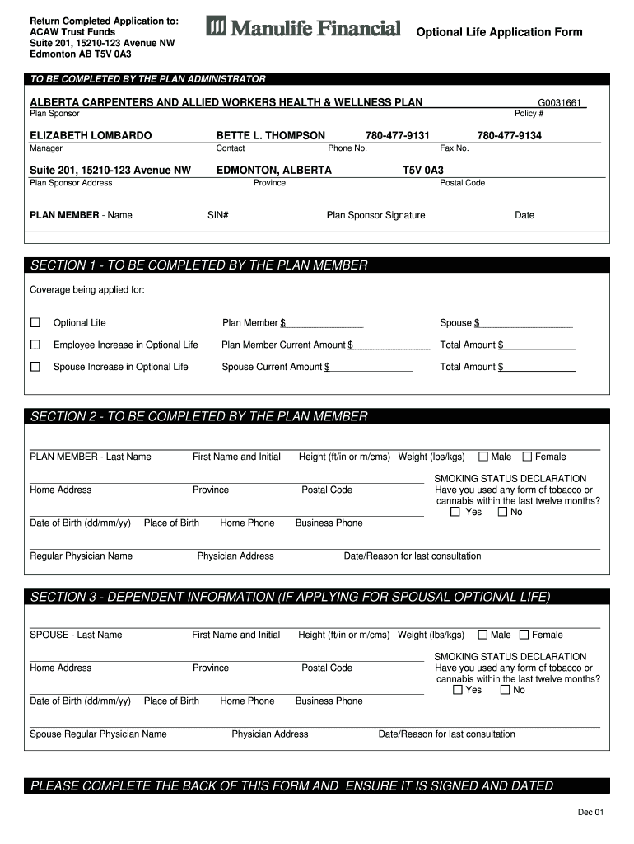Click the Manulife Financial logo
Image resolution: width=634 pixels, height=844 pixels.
pos(303,28)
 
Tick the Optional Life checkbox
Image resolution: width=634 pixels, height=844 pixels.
pos(35,322)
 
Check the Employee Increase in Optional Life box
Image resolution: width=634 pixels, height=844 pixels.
pos(35,345)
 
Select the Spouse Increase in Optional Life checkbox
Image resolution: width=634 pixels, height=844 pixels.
pos(35,367)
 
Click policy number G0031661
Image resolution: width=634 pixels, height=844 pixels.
pos(560,103)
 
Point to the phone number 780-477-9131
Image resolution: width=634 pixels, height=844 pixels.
pos(398,135)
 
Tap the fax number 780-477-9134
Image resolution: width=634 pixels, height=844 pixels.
pos(509,135)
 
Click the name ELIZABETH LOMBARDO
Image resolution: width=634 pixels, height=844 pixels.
pos(91,135)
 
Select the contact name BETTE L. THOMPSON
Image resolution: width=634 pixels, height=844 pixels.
pos(270,135)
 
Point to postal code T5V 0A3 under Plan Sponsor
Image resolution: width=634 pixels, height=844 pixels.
pos(422,170)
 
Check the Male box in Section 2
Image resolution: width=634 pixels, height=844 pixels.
pos(483,457)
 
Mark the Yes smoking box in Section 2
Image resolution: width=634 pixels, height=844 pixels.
pos(456,512)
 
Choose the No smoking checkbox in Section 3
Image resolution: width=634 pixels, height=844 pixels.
pos(505,690)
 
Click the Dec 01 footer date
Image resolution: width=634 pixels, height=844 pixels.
pos(590,813)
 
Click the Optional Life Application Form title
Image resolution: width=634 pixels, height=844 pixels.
pos(499,32)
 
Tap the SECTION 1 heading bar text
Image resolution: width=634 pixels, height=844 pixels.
pos(198,265)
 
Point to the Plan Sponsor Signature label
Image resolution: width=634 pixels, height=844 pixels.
pos(375,215)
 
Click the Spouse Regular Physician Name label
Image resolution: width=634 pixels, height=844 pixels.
pos(98,734)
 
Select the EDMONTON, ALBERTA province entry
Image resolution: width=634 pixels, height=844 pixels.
pos(273,170)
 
